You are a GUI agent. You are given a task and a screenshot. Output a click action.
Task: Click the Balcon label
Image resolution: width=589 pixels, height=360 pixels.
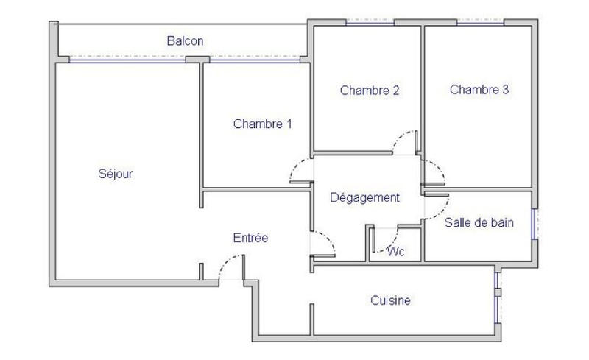[x=185, y=42]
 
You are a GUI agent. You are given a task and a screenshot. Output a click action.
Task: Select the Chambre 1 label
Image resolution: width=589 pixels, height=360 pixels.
[x=262, y=124]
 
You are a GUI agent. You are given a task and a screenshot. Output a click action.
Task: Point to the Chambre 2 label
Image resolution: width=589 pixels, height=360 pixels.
[x=370, y=91]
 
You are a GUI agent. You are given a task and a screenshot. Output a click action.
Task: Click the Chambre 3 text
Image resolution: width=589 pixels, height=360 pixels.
[x=479, y=91]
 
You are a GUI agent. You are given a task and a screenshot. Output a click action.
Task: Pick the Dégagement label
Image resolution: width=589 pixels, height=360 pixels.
[x=364, y=197]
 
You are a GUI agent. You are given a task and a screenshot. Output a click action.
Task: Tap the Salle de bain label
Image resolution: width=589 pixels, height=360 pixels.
[x=479, y=222]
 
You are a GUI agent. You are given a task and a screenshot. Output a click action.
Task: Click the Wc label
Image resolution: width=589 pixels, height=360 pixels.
[x=396, y=251]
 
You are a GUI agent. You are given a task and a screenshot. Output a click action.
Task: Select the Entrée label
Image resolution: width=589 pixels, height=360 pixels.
[x=250, y=238]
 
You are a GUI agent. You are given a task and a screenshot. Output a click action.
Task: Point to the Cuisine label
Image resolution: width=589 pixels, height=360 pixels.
[x=390, y=300]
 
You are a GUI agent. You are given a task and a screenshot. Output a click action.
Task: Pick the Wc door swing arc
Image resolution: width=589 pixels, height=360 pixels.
[x=389, y=237]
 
